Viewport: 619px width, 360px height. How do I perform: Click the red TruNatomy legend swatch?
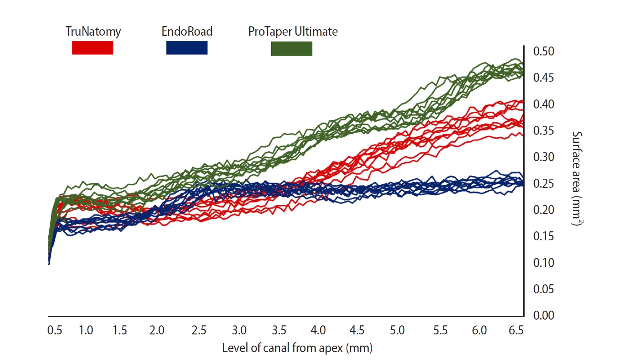93,48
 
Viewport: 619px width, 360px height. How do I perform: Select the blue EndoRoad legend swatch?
187,48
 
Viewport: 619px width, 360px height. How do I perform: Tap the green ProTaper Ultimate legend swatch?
291,49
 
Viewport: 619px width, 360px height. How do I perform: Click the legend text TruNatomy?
93,32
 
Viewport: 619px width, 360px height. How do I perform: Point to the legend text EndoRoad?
187,31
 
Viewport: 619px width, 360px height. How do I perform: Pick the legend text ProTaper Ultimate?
293,32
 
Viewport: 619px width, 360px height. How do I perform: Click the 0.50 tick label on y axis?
543,51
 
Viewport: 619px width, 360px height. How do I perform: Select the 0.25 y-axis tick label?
543,183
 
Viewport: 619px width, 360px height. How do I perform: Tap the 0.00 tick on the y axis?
543,315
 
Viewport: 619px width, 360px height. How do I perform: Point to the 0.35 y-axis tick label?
543,130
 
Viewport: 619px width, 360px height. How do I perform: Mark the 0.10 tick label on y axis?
543,263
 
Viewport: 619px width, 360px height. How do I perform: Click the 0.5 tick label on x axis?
55,330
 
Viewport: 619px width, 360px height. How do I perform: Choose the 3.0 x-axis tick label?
239,330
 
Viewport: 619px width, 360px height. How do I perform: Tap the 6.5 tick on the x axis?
516,330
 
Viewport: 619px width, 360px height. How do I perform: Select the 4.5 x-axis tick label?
357,330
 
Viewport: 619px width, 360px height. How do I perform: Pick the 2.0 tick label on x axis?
157,330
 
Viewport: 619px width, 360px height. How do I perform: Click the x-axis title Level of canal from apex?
297,348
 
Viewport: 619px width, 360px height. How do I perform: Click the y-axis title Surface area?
577,178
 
